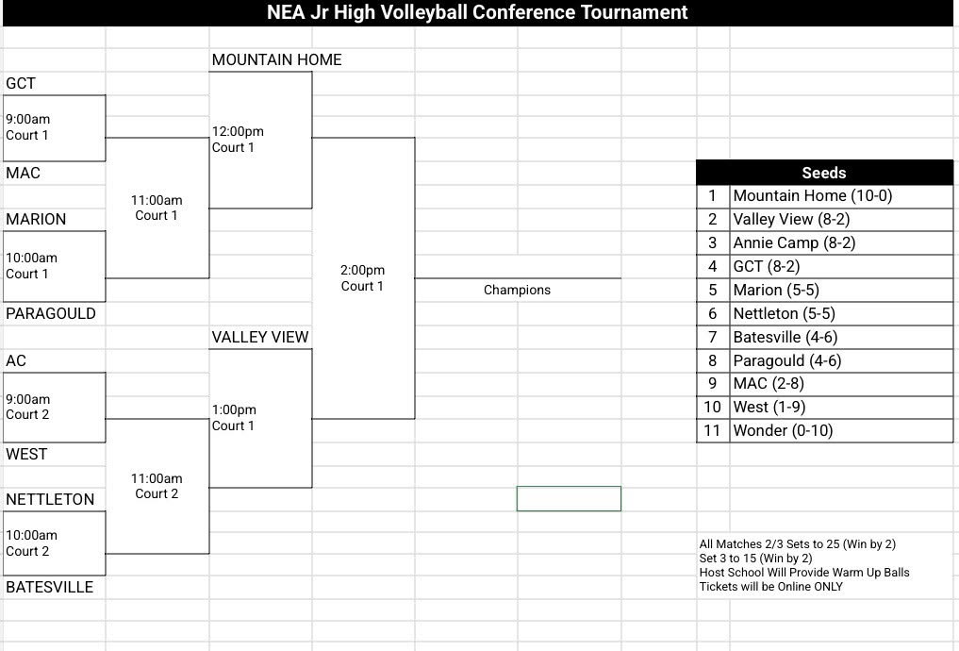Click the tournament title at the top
pos(477,12)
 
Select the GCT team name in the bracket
pos(21,83)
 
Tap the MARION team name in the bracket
pos(36,219)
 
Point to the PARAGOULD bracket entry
pos(51,313)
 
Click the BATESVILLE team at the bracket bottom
pos(50,587)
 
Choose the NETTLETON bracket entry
pos(50,499)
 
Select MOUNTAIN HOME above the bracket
pos(276,59)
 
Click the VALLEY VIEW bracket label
pos(260,337)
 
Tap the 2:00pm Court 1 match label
pos(362,277)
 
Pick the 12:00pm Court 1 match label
pos(238,139)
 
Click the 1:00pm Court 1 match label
pos(234,417)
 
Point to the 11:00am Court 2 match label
pos(157,486)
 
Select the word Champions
pos(517,290)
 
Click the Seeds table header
pos(824,173)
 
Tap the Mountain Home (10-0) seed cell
pos(812,196)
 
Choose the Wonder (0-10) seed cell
pos(783,430)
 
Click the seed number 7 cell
pos(713,337)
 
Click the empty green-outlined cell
pos(569,498)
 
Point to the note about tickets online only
pos(771,587)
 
